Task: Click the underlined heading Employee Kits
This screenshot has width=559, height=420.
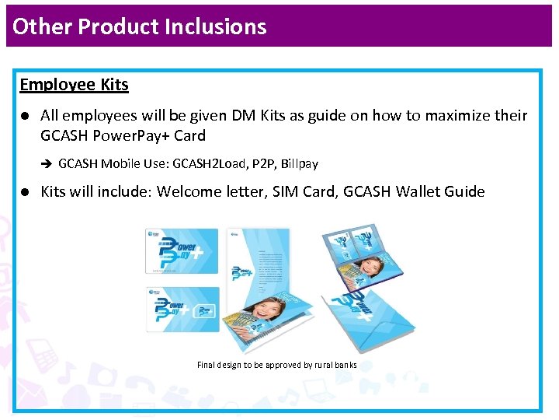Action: [74, 85]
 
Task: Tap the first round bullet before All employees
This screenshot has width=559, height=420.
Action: [25, 116]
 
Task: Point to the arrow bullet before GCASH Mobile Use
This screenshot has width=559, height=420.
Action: [46, 164]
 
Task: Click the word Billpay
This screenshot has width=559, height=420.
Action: [299, 164]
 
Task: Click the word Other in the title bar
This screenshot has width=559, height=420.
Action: [43, 26]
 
